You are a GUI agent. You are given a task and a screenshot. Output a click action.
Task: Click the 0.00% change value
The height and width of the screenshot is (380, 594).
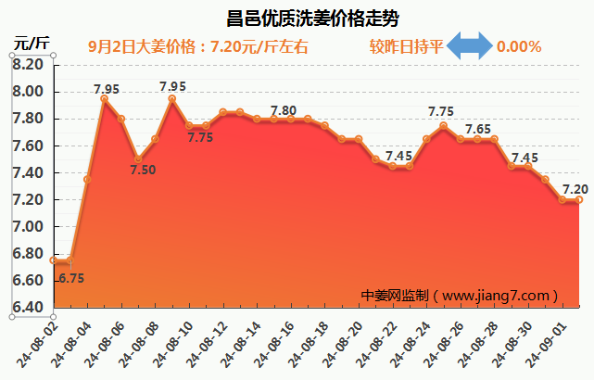pos(519,46)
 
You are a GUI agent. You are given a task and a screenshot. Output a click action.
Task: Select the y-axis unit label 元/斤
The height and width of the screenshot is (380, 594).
pos(31,43)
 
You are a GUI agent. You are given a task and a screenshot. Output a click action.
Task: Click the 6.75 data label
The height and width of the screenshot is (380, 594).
pos(71,277)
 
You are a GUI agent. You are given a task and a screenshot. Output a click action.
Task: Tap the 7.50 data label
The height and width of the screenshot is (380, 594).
pos(143,170)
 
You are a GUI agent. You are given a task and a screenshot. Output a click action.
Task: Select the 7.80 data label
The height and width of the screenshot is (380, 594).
pos(283,110)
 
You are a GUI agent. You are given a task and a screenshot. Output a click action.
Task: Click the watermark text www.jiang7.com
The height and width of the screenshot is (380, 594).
pos(499,296)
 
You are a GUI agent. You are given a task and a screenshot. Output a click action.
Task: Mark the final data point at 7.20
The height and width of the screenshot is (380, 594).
pos(579,199)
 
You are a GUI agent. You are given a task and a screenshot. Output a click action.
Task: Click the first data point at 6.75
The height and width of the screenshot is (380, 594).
pos(54,260)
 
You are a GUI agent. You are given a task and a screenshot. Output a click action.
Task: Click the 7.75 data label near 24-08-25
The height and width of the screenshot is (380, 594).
pos(441,111)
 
